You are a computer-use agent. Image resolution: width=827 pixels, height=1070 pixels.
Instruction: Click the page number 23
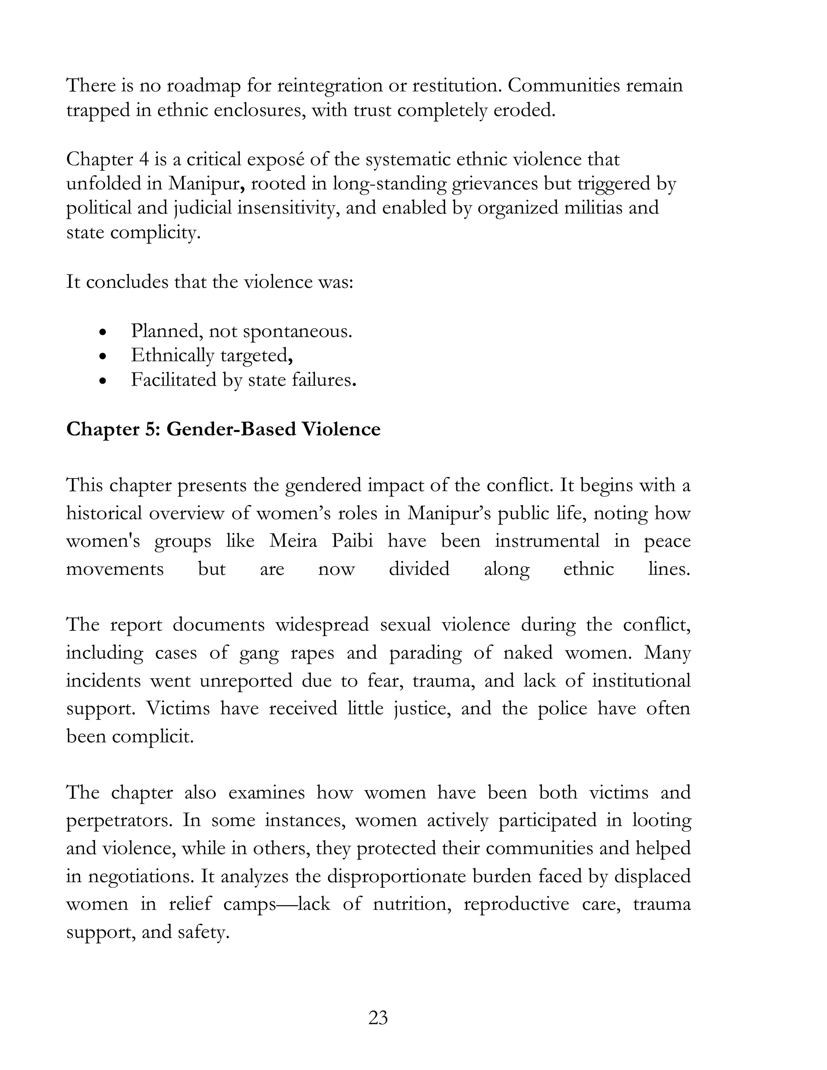378,1018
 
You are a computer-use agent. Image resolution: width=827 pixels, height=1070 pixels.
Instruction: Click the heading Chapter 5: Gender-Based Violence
223,429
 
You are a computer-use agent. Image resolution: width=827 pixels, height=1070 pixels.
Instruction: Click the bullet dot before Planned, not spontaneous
102,332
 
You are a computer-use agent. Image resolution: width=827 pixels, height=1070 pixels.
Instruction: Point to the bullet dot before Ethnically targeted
102,357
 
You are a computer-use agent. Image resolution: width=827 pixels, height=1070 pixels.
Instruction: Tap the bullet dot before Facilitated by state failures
102,381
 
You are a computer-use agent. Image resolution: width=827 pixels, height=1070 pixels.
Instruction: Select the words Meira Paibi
321,541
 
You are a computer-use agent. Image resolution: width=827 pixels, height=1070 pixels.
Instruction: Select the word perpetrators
119,820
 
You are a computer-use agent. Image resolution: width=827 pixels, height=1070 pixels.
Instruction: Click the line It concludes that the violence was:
210,282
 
